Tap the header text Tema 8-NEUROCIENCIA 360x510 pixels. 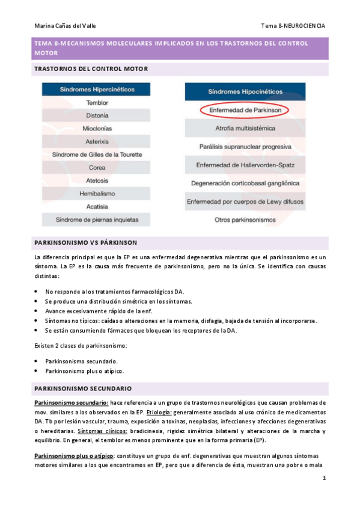[x=293, y=26]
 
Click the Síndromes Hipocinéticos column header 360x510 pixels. [x=245, y=93]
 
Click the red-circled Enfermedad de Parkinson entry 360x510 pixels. [x=245, y=111]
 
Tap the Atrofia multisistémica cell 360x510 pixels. [x=245, y=129]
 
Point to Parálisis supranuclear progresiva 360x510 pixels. [x=245, y=147]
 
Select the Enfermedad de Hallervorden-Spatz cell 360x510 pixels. [x=245, y=165]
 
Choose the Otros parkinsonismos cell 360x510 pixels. [x=245, y=220]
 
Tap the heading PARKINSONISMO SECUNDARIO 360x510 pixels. [x=83, y=389]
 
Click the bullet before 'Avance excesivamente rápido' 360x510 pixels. [x=37, y=311]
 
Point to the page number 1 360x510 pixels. [x=324, y=479]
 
